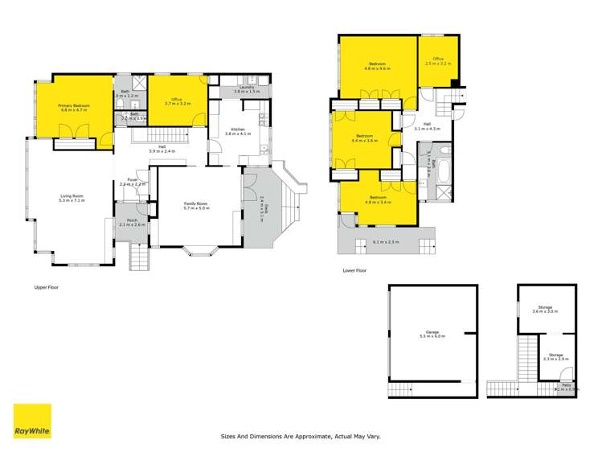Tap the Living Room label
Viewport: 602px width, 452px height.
(72, 198)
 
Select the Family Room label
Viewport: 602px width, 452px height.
(196, 203)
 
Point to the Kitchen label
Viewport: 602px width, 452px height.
(238, 129)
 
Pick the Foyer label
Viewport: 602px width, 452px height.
(131, 181)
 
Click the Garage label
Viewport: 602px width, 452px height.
(432, 333)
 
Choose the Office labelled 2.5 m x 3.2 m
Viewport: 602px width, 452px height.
(438, 60)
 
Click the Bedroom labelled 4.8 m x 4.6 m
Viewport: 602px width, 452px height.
(377, 64)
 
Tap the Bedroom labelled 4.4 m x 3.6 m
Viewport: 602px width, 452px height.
(365, 137)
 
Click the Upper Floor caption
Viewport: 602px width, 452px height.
(47, 287)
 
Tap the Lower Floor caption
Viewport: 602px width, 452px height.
(354, 271)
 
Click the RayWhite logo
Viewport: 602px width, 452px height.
(32, 421)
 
